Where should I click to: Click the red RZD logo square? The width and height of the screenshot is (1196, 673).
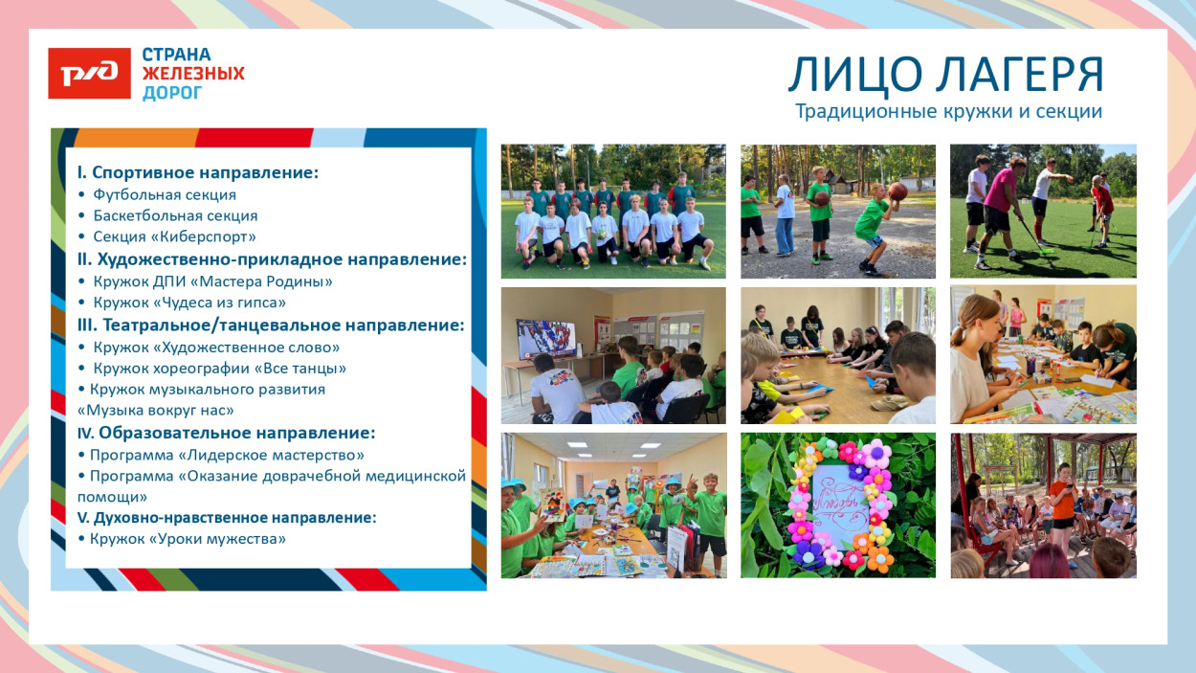89,74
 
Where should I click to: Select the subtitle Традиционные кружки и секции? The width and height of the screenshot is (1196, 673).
948,111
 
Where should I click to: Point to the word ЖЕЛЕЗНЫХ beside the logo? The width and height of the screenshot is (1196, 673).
193,74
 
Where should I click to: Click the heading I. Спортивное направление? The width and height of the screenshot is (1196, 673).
198,172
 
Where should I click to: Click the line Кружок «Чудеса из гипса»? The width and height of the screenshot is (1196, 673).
189,303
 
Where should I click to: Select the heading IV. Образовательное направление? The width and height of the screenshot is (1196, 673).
226,433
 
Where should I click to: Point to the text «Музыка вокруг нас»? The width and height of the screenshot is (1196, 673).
156,410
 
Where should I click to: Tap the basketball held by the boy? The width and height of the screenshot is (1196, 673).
897,191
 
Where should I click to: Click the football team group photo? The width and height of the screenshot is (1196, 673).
613,212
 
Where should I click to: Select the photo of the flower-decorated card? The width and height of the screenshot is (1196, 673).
838,505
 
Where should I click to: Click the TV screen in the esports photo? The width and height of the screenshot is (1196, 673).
546,340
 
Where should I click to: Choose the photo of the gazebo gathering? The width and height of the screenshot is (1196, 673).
1043,505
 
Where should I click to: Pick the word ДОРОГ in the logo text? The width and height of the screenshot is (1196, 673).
172,93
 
